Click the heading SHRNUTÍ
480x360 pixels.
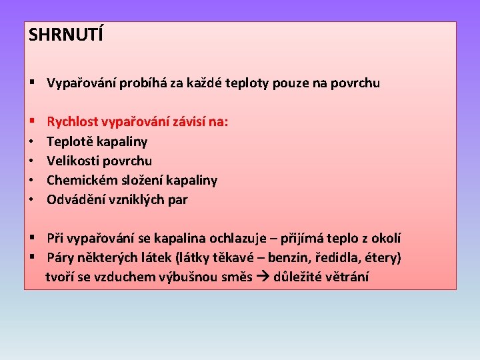pos(66,35)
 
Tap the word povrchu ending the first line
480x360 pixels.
pos(357,83)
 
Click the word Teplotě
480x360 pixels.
pos(69,141)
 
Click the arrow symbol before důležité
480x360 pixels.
pos(263,277)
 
